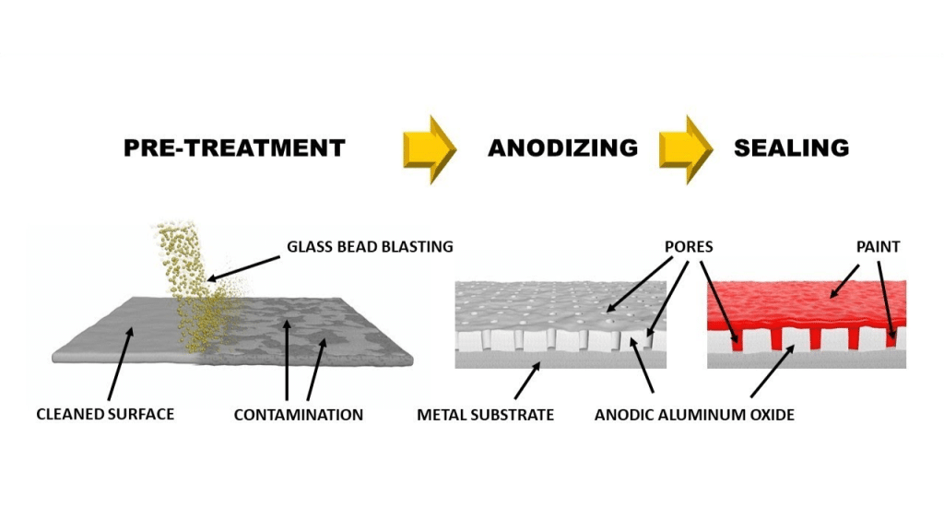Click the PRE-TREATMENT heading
[x=234, y=147]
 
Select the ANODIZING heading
[x=562, y=147]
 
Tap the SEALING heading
[x=791, y=147]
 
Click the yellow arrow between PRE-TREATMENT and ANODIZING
[x=430, y=147]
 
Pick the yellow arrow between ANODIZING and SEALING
[x=686, y=147]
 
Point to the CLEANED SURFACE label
[x=105, y=414]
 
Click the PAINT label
[x=878, y=246]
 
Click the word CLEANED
[x=68, y=414]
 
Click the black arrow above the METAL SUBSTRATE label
[x=527, y=380]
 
